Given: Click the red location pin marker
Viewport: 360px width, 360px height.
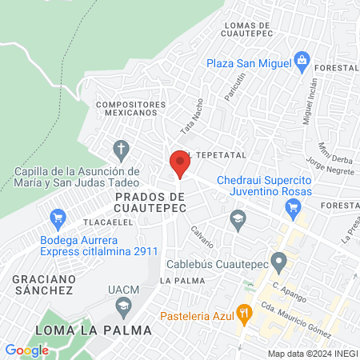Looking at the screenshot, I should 179,165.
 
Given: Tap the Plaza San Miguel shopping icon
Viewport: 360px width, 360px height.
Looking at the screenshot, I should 302,60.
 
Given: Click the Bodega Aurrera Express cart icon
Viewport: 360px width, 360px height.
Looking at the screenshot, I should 57,217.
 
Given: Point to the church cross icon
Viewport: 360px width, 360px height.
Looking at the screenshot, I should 121,149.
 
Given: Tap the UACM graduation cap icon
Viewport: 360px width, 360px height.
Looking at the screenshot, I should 123,304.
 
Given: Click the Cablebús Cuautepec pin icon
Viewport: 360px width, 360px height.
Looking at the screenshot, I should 278,261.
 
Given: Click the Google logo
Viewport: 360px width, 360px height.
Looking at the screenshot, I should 26,350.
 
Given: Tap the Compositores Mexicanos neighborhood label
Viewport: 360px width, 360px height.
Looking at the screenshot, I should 130,108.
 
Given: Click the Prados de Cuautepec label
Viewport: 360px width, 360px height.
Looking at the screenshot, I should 150,202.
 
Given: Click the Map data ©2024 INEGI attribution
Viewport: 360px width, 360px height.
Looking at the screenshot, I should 311,354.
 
